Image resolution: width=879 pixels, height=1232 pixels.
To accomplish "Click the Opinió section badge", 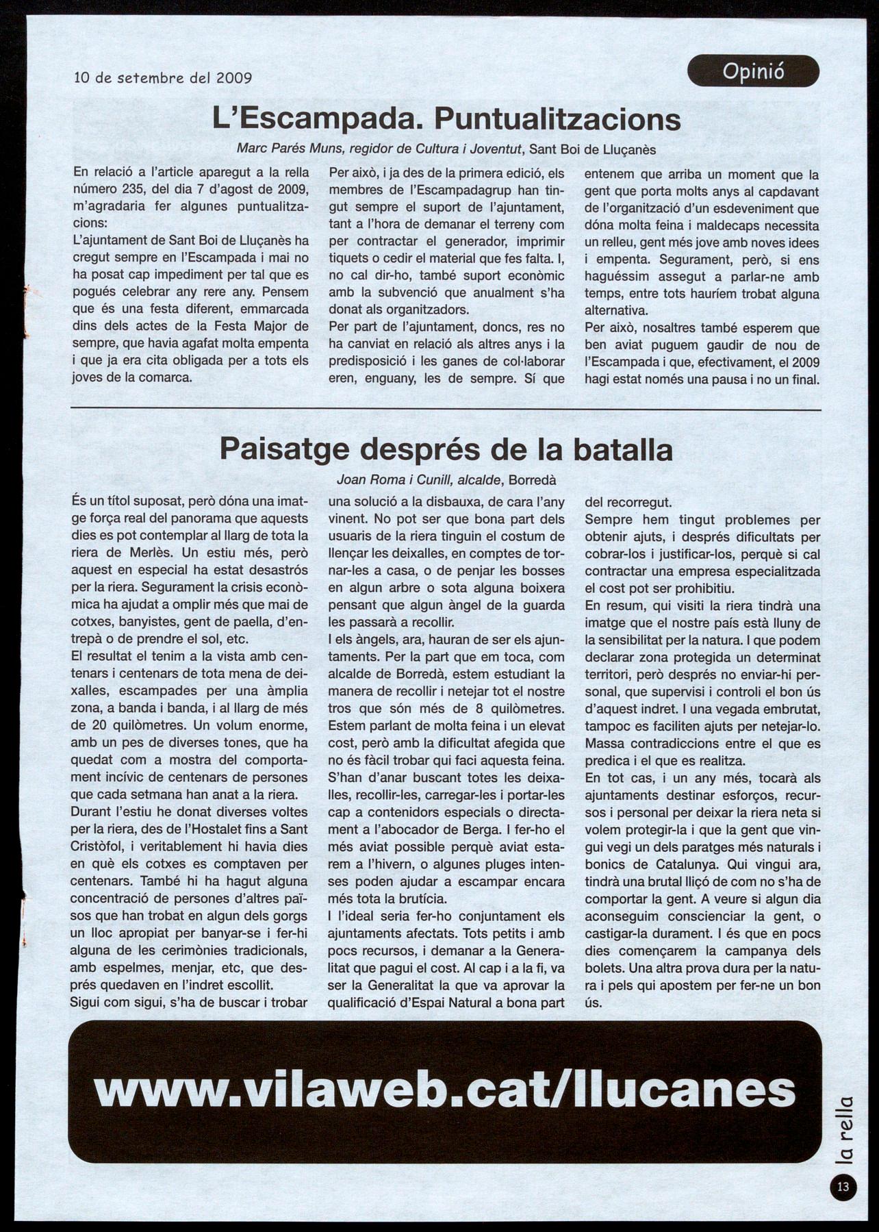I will pyautogui.click(x=753, y=71).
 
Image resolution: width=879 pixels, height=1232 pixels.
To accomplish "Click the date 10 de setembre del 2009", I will pyautogui.click(x=163, y=78).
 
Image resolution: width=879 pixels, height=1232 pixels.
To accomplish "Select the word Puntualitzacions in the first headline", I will pyautogui.click(x=558, y=120).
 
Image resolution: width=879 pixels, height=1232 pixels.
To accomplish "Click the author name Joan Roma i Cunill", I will pyautogui.click(x=393, y=481).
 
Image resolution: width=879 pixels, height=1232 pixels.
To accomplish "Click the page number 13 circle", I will pyautogui.click(x=843, y=1187).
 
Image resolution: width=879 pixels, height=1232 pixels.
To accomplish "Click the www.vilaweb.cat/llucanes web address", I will pyautogui.click(x=445, y=1090).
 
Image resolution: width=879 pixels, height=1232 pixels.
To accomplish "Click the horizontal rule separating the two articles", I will pyautogui.click(x=446, y=410).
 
